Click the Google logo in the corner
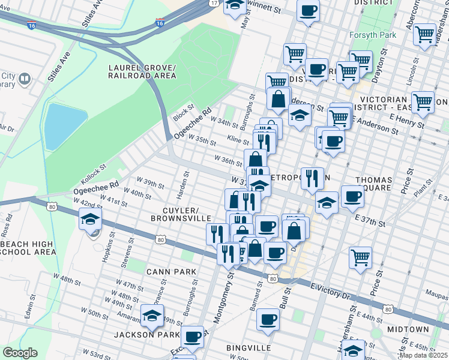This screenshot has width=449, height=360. [20, 353]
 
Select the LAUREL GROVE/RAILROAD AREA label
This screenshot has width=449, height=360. [142, 71]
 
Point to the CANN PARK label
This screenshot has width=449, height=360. [172, 272]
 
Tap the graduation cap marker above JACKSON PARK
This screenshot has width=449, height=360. [152, 315]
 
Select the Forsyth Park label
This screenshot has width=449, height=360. [373, 35]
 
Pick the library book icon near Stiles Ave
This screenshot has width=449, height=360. [25, 79]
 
